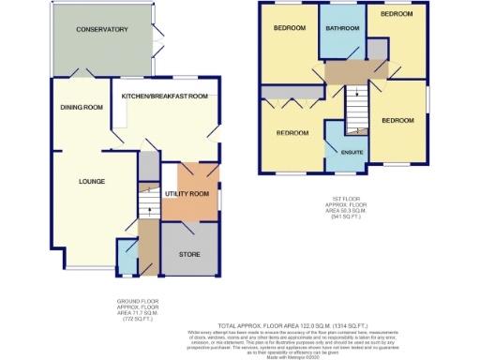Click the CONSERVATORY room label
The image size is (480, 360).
[103, 30]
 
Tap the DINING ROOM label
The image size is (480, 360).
[82, 107]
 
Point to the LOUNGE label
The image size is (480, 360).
[91, 181]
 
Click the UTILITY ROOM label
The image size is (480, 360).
[186, 193]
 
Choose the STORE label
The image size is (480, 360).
[189, 253]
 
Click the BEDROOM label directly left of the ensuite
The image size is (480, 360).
[292, 133]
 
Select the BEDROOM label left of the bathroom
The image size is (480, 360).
[290, 28]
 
